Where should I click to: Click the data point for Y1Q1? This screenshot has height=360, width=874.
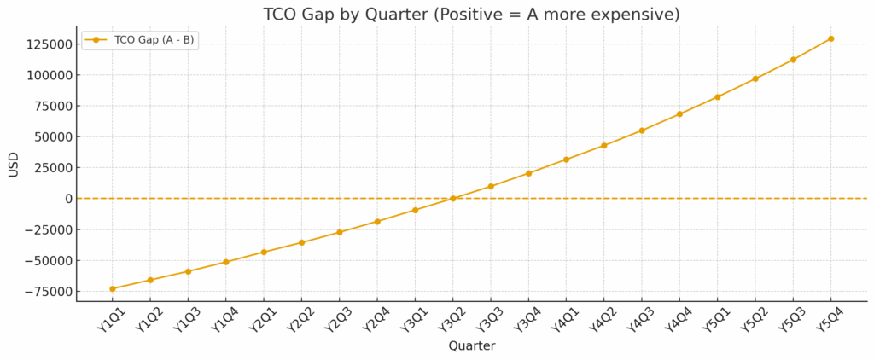click(x=113, y=288)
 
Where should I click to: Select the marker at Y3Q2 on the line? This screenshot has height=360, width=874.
click(x=452, y=199)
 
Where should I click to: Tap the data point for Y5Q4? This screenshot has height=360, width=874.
click(x=830, y=38)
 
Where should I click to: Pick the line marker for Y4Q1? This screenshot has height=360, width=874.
click(x=566, y=160)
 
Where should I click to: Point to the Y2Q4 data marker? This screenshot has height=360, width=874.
click(x=377, y=221)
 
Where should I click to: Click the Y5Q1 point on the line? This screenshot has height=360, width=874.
click(x=717, y=97)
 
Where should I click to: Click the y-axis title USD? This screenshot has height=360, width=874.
click(x=14, y=165)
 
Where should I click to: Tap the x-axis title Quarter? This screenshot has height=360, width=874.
click(x=472, y=346)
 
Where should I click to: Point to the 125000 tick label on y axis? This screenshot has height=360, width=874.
click(x=46, y=44)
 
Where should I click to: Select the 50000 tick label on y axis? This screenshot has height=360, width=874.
click(x=50, y=136)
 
